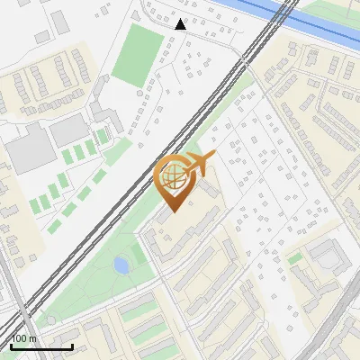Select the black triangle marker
coord(181,24)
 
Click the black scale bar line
coord(41,346)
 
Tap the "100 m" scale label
coord(24,338)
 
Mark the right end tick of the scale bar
coord(72,345)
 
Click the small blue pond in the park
coord(121,265)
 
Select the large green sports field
coord(137,55)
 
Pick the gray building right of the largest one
coord(68,133)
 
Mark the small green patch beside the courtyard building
coord(294,259)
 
